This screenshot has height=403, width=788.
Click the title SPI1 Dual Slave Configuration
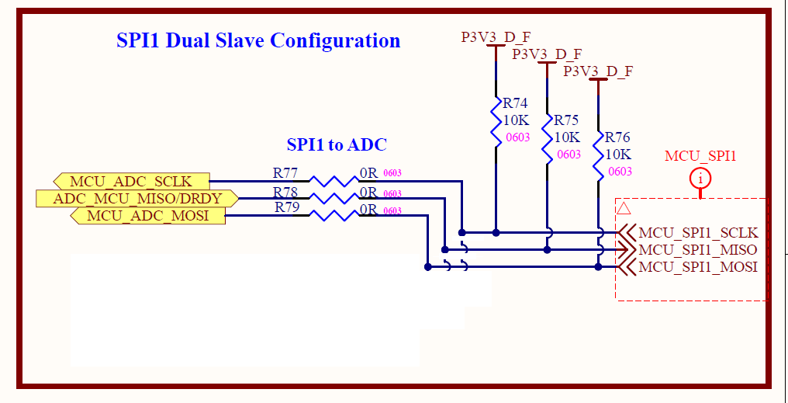[x=258, y=40]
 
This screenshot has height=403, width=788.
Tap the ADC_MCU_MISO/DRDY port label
[x=137, y=198]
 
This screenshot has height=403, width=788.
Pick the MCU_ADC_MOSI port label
[x=147, y=215]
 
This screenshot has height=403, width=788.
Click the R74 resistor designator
[x=515, y=103]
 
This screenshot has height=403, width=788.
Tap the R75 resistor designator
[x=566, y=120]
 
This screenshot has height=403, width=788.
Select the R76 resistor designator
[x=617, y=137]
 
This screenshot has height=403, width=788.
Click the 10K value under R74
[x=517, y=120]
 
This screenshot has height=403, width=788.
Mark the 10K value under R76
[x=618, y=154]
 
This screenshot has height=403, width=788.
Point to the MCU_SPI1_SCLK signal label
[x=697, y=232]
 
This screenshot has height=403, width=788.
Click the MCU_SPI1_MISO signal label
[x=697, y=249]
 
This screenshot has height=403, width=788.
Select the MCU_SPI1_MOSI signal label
[x=697, y=267]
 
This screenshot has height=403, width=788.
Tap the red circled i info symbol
[x=700, y=179]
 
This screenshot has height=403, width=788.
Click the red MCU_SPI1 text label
[x=700, y=156]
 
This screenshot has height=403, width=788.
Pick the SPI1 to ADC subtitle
[x=337, y=144]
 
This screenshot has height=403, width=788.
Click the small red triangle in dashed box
[x=623, y=209]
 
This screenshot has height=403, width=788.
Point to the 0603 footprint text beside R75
[x=569, y=155]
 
